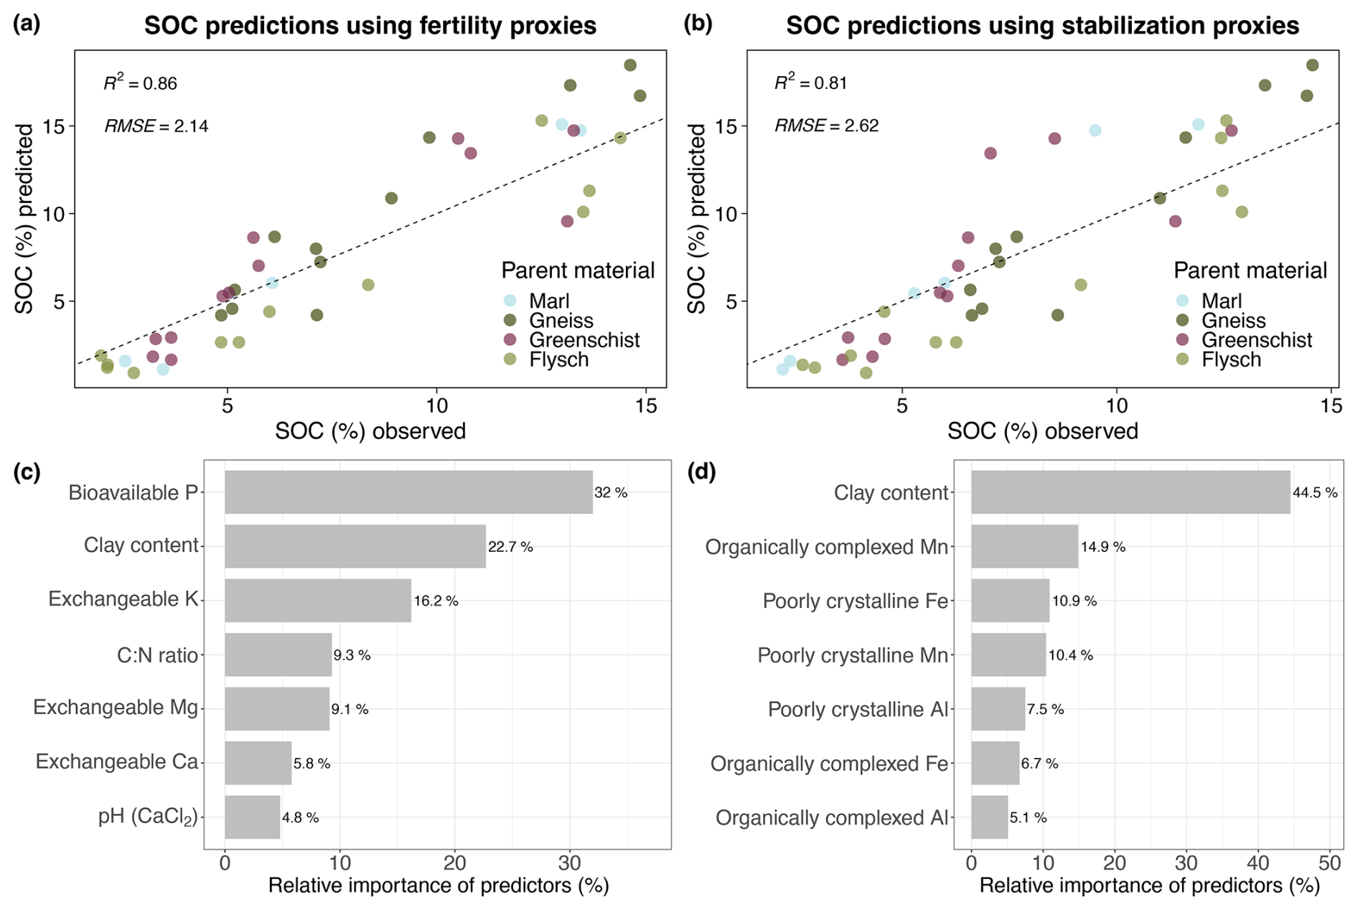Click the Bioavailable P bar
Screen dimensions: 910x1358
[408, 492]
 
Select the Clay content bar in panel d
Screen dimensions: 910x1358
[1130, 492]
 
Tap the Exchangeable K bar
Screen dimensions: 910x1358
[318, 601]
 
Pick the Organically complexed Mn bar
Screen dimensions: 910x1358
[1024, 547]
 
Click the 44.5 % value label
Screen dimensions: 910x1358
[1315, 493]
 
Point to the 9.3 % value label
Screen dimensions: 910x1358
[352, 655]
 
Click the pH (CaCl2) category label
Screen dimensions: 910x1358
[148, 817]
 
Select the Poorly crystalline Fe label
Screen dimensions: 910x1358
[855, 601]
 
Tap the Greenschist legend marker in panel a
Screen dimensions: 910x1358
[510, 339]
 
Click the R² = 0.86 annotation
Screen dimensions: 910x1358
[141, 83]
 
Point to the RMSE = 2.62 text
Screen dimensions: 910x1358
[827, 126]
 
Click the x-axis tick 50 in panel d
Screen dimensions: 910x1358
[1330, 863]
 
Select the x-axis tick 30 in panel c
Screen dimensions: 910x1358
[569, 863]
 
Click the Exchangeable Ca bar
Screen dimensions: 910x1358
[258, 763]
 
